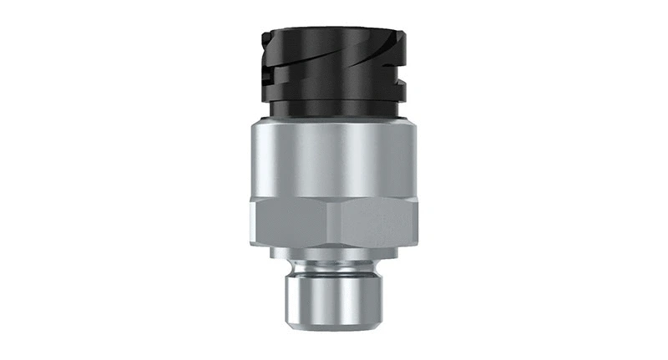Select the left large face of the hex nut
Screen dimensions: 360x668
[292, 221]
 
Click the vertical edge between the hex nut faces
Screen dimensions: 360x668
[334, 221]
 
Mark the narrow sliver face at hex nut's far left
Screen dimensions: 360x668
[252, 221]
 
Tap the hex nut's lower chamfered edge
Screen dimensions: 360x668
[334, 243]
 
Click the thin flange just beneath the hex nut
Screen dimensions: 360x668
[334, 253]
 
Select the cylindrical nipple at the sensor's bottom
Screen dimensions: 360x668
[334, 297]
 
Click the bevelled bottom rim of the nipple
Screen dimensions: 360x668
[334, 325]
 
